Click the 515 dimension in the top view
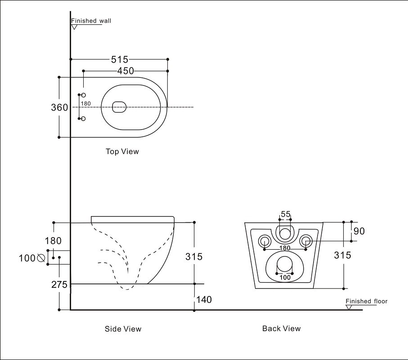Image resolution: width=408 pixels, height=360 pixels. click(x=120, y=59)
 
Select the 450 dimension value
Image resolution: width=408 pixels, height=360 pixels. click(x=126, y=71)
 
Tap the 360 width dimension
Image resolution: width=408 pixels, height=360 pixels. click(x=59, y=108)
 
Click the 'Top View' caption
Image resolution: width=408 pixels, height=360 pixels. click(x=122, y=152)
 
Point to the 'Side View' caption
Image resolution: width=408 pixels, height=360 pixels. click(x=123, y=329)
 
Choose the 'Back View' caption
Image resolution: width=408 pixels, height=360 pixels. click(x=281, y=328)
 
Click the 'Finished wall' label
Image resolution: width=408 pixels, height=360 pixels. click(x=91, y=21)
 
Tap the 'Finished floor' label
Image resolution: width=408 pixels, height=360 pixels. click(x=366, y=301)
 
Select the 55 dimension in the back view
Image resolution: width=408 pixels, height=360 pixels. click(x=285, y=214)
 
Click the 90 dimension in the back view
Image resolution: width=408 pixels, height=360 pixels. click(x=359, y=231)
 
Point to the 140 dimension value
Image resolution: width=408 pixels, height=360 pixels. click(x=204, y=299)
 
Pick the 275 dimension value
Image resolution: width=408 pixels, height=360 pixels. click(x=59, y=284)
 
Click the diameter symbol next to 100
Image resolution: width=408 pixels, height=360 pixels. click(x=41, y=258)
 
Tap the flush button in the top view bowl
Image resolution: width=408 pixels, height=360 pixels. click(x=119, y=107)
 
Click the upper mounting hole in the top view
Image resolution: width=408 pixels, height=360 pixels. click(x=83, y=95)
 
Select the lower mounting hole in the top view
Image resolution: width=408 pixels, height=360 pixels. click(x=83, y=118)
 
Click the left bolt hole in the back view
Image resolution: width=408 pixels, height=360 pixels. click(x=264, y=240)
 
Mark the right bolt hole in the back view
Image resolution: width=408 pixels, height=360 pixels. click(x=305, y=240)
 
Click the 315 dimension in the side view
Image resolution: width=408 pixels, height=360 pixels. click(x=194, y=256)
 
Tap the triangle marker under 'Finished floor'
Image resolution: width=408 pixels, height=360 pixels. click(x=349, y=307)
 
